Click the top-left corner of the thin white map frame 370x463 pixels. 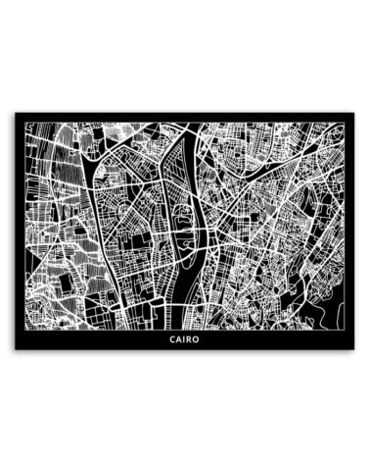(x=23, y=121)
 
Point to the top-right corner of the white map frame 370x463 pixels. (x=347, y=121)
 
